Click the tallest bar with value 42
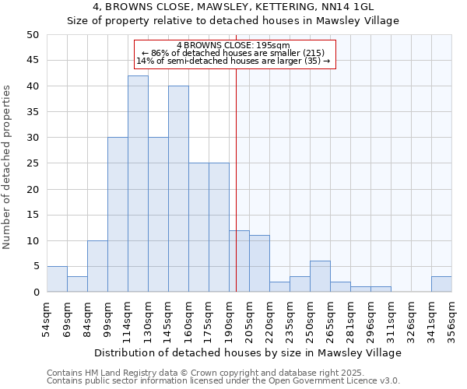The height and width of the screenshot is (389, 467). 138,184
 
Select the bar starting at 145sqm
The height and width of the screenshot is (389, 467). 178,189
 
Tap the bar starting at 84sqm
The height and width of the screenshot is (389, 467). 97,266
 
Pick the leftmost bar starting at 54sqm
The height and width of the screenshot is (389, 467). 57,279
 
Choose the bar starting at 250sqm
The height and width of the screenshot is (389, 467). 320,276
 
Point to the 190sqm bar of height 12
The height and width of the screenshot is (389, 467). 239,261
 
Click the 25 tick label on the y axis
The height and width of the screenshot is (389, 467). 33,163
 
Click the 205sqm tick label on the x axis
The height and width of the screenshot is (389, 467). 240,318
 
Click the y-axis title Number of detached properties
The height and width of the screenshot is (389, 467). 8,163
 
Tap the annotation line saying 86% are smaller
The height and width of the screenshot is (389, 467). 233,53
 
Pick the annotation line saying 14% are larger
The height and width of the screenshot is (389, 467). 233,61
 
